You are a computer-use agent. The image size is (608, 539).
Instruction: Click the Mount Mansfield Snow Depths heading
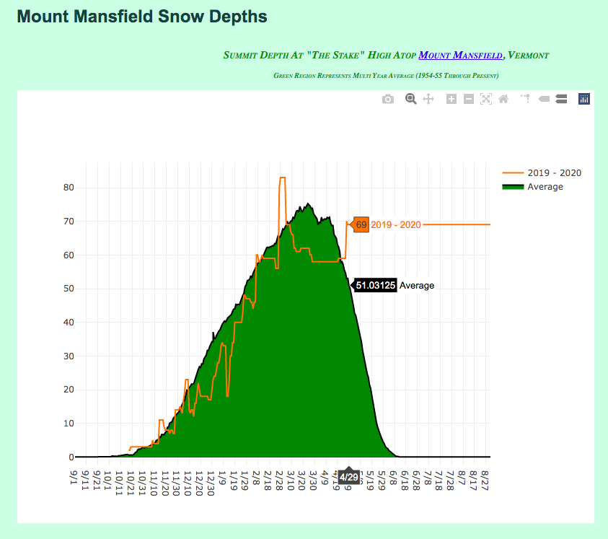pyautogui.click(x=142, y=16)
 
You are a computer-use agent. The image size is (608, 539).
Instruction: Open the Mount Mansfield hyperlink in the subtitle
pyautogui.click(x=460, y=56)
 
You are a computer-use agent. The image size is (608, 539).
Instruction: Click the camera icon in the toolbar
pyautogui.click(x=388, y=99)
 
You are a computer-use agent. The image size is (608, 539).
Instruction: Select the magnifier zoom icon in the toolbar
pyautogui.click(x=410, y=99)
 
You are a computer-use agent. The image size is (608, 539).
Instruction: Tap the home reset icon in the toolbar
pyautogui.click(x=503, y=99)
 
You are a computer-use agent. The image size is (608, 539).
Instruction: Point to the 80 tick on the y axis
pyautogui.click(x=69, y=188)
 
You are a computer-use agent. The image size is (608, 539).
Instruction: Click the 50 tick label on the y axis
pyautogui.click(x=69, y=289)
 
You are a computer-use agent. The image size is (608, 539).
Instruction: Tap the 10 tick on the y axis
pyautogui.click(x=69, y=424)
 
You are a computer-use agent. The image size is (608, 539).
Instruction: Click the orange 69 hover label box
pyautogui.click(x=361, y=225)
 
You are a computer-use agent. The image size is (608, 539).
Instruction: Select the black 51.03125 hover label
pyautogui.click(x=375, y=286)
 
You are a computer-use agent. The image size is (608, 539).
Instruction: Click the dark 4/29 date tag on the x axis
pyautogui.click(x=348, y=477)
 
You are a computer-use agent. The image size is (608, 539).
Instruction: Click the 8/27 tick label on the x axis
pyautogui.click(x=485, y=478)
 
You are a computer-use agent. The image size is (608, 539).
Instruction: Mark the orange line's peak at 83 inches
pyautogui.click(x=283, y=178)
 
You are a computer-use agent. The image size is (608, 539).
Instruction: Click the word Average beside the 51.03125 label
pyautogui.click(x=417, y=286)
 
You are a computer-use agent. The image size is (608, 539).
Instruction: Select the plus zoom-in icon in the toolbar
pyautogui.click(x=451, y=99)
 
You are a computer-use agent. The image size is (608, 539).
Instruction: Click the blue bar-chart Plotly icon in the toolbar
pyautogui.click(x=584, y=99)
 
